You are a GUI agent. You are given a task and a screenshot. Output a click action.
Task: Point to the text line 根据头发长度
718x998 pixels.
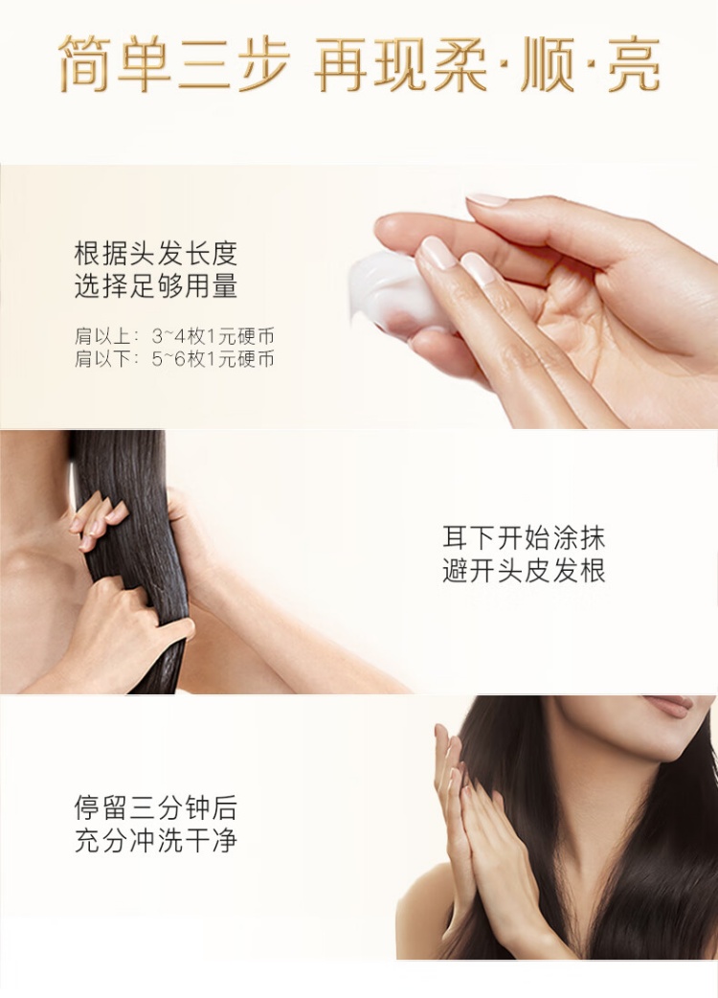[x=156, y=253]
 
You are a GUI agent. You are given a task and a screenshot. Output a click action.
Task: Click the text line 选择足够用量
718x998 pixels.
[x=156, y=286]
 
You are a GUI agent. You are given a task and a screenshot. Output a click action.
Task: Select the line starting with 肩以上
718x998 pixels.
[x=174, y=336]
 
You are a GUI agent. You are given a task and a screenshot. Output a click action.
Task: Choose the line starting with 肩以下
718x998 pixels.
[x=174, y=359]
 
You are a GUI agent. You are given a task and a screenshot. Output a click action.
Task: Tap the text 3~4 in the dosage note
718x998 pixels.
[x=169, y=336]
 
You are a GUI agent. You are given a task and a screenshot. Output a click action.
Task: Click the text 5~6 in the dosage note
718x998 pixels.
[x=169, y=359]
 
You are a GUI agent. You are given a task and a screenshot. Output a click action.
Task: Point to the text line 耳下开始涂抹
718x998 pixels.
[x=524, y=538]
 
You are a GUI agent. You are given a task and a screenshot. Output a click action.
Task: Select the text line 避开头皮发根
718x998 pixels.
[x=524, y=571]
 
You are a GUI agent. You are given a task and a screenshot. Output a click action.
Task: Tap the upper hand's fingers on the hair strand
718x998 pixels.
[x=98, y=519]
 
